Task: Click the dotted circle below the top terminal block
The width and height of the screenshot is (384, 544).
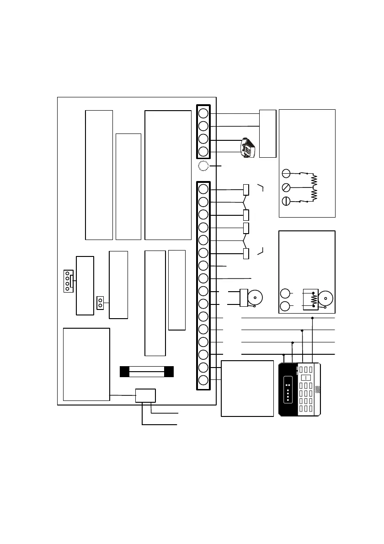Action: [x=203, y=166]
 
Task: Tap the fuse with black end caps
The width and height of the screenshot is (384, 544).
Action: [x=146, y=371]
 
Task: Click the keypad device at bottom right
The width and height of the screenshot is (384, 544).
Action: [x=300, y=389]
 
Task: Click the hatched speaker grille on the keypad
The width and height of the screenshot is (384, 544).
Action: [x=318, y=389]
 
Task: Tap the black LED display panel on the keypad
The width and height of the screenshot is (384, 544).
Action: [x=288, y=389]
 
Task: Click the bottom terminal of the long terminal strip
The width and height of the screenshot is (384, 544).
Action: [x=203, y=380]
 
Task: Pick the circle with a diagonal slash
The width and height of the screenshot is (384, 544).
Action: [x=286, y=187]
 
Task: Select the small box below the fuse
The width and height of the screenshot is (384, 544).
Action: [x=145, y=396]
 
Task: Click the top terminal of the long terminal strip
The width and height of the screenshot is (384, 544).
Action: [x=203, y=189]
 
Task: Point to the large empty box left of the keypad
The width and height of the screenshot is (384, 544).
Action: [x=247, y=388]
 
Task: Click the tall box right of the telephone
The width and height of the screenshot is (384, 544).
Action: [x=267, y=133]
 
